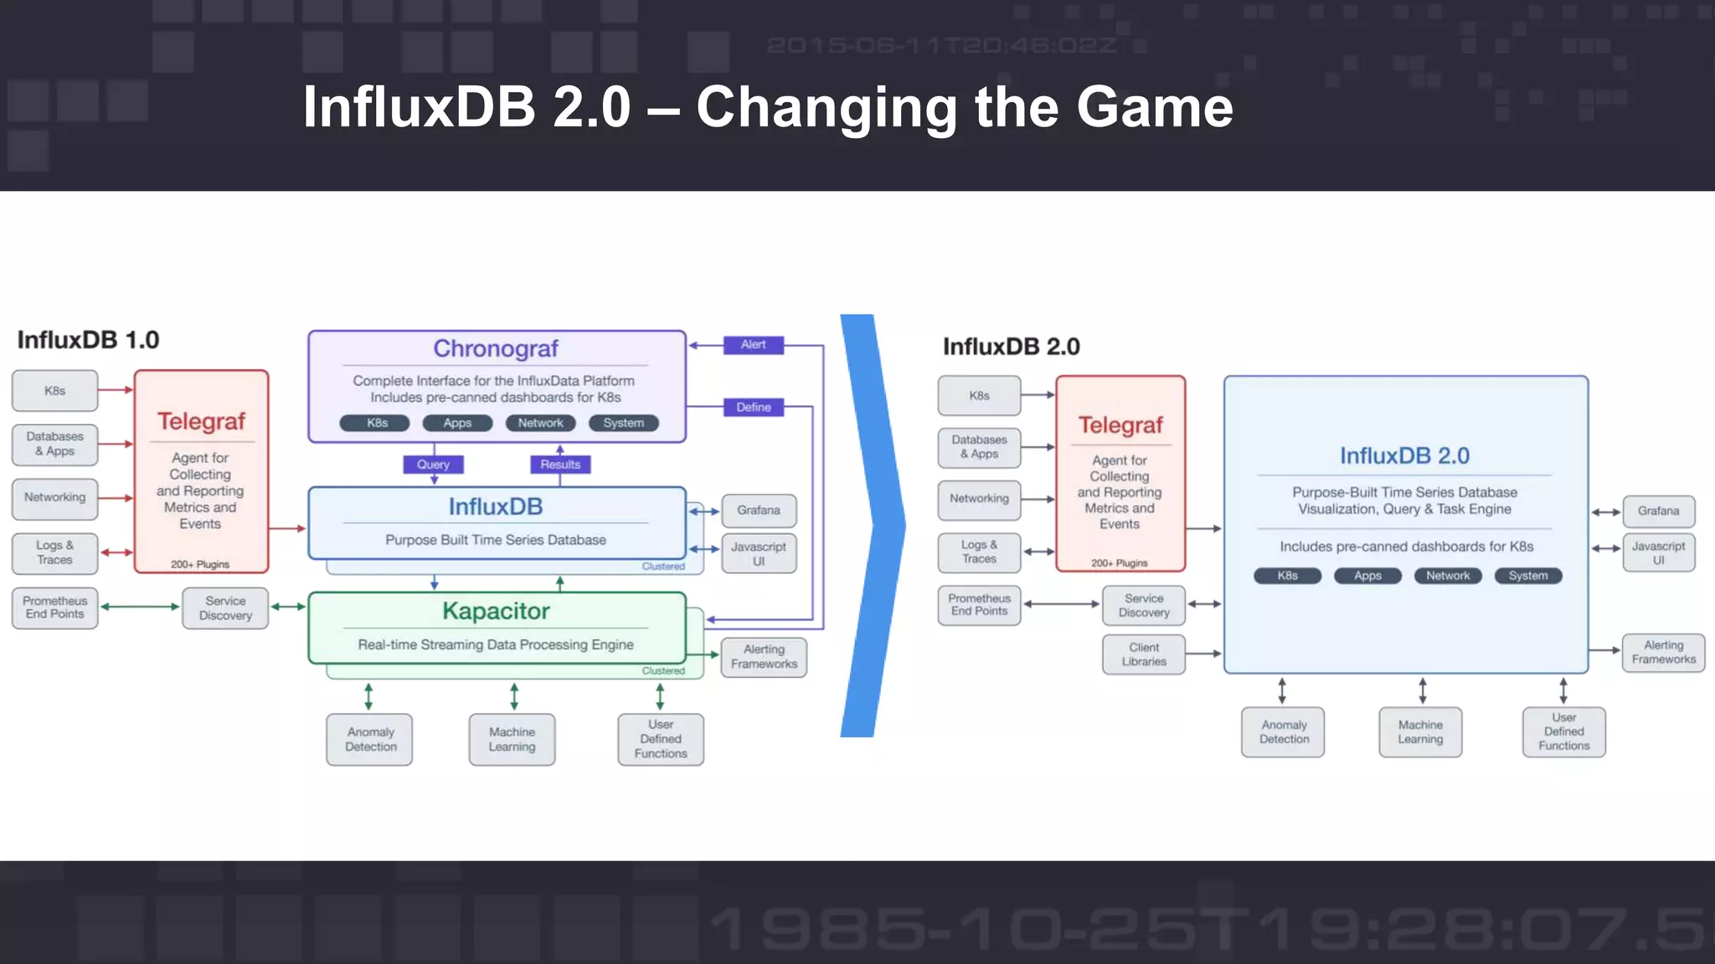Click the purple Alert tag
coord(753,345)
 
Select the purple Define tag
coord(753,408)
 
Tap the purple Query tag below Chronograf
coord(433,464)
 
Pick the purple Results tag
coord(560,464)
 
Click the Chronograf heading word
coord(496,348)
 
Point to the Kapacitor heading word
coord(496,611)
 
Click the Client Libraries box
coord(1144,654)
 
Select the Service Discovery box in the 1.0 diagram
coord(225,608)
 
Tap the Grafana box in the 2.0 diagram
coord(1658,510)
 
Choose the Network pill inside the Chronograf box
coord(540,423)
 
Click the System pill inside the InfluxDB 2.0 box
coord(1527,576)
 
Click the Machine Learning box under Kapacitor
coord(512,740)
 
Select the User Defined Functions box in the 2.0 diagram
coord(1563,732)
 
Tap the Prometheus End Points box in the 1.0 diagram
coord(55,608)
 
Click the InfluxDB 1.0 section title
coord(88,340)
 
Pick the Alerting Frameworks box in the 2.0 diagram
coord(1663,653)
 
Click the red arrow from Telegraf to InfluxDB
coord(288,529)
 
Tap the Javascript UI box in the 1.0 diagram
coord(758,554)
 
